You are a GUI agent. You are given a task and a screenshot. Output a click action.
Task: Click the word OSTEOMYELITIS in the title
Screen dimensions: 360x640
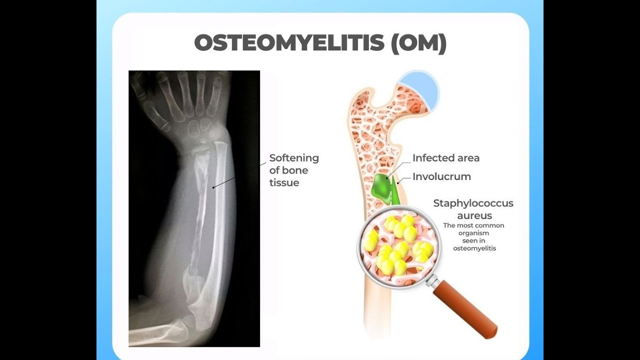click(x=289, y=43)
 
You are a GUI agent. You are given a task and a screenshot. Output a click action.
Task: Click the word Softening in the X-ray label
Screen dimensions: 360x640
click(x=294, y=158)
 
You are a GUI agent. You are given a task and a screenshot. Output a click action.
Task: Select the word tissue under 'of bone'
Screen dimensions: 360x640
click(x=284, y=183)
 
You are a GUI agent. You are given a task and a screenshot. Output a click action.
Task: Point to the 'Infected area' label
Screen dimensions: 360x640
click(x=445, y=158)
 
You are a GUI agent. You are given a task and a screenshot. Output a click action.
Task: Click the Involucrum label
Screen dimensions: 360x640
click(x=441, y=176)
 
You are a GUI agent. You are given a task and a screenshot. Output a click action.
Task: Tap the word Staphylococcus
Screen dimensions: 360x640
click(x=473, y=203)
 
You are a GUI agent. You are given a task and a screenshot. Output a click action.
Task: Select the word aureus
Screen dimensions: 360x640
click(x=474, y=215)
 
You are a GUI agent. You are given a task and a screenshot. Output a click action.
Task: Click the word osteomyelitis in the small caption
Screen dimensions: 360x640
click(x=474, y=248)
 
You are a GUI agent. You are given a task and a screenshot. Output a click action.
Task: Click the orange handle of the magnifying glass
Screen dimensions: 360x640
click(x=465, y=309)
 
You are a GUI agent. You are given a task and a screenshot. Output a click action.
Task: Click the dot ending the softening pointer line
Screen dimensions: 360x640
click(x=214, y=187)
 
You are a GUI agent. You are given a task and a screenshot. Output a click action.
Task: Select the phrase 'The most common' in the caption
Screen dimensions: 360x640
click(x=473, y=225)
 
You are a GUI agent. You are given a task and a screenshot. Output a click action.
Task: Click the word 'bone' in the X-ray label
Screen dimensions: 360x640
click(x=295, y=170)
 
